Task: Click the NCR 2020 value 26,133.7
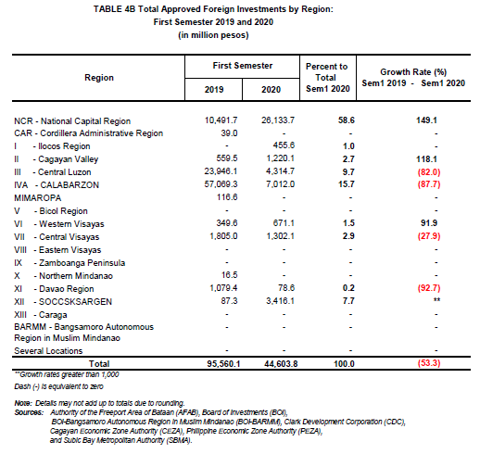[x=278, y=120]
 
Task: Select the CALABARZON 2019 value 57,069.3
[x=221, y=184]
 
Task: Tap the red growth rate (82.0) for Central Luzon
[x=429, y=172]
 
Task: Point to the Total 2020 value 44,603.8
[x=281, y=364]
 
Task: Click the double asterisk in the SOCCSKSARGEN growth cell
[x=436, y=299]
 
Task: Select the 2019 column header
[x=214, y=90]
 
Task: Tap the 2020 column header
[x=271, y=90]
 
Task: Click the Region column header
[x=99, y=78]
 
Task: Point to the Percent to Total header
[x=327, y=78]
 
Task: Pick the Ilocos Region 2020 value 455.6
[x=284, y=145]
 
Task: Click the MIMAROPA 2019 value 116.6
[x=227, y=197]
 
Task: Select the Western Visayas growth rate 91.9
[x=429, y=223]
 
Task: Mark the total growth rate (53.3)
[x=429, y=363]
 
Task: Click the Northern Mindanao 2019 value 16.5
[x=229, y=275]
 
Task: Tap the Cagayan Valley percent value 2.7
[x=348, y=159]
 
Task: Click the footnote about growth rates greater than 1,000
[x=67, y=374]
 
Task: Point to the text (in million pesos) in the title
[x=213, y=35]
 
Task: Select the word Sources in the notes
[x=29, y=412]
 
